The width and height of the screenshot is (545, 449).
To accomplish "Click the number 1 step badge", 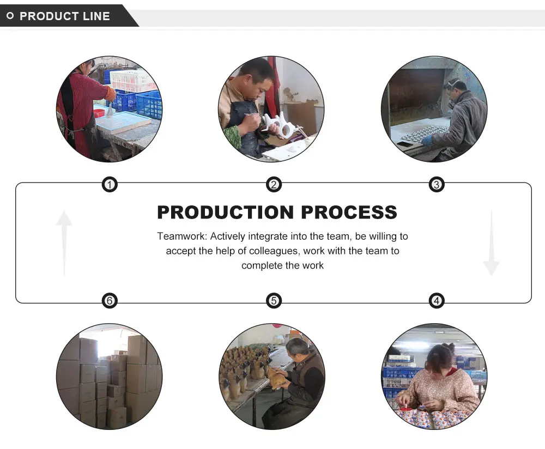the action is (x=110, y=185).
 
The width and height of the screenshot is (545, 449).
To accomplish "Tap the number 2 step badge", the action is (x=274, y=185).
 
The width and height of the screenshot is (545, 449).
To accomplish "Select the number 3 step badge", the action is (x=436, y=185).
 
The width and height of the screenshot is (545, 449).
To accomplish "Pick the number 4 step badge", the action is (x=436, y=300).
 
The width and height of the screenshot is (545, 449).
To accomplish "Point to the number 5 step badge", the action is (x=274, y=300).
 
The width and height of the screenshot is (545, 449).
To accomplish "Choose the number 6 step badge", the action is (x=110, y=300).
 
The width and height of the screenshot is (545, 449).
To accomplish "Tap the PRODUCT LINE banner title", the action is (x=64, y=16).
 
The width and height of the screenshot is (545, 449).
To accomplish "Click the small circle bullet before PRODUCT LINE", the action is (x=10, y=16).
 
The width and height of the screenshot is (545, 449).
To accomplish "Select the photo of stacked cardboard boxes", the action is (x=109, y=377).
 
